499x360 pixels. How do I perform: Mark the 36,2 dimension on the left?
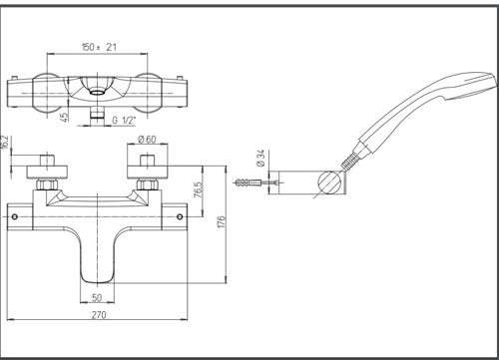coord(6,143)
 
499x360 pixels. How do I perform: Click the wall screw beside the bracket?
coord(249,185)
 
